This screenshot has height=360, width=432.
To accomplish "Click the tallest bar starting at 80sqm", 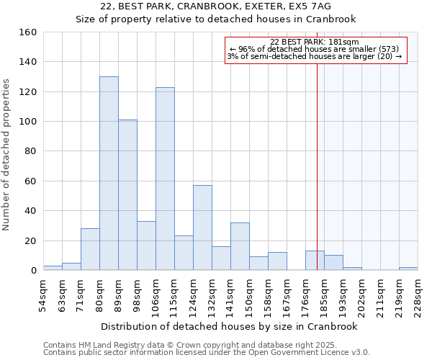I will click(109, 173).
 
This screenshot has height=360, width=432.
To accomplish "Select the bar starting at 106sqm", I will click(165, 179).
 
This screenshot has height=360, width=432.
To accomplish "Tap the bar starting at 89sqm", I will click(127, 194).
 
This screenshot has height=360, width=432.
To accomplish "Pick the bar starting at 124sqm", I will click(202, 228).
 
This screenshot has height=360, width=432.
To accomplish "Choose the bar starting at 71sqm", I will click(90, 249).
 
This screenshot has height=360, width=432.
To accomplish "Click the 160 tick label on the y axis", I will click(28, 32).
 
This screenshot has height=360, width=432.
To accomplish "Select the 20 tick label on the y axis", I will click(31, 240).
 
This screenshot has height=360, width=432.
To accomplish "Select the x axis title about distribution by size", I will click(230, 326).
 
